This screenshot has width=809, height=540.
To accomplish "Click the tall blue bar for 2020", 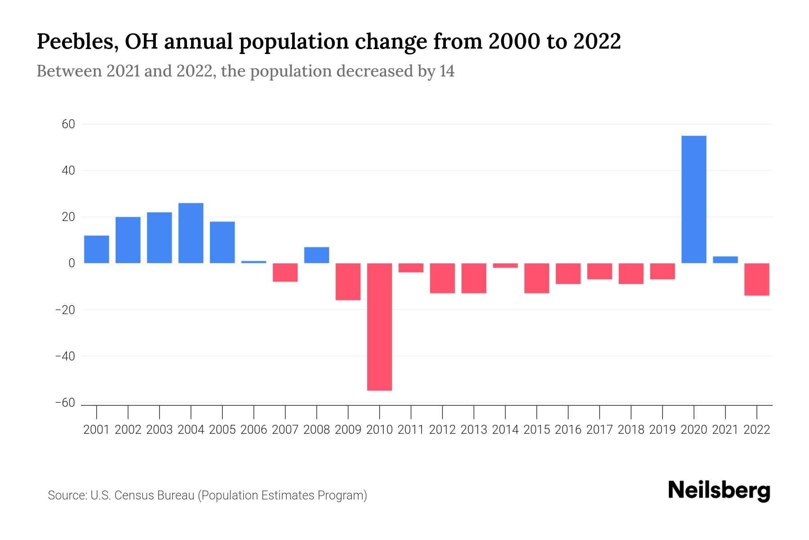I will [693, 199].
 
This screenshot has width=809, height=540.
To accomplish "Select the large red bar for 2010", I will [379, 327].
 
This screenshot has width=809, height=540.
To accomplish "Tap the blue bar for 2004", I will [191, 233].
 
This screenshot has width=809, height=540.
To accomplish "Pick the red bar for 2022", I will [756, 279].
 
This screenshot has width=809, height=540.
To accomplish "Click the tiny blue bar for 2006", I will [253, 262].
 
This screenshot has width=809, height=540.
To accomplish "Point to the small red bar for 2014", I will [505, 265].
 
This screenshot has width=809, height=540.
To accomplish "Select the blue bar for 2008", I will [316, 255].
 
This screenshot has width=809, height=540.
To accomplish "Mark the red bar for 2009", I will [348, 282].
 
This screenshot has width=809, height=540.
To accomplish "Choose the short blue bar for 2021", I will [725, 260].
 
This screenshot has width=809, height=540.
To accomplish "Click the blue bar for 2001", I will [96, 249].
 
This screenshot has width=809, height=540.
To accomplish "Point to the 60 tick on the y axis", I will [68, 124].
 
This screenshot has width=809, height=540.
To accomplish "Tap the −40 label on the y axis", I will [65, 356].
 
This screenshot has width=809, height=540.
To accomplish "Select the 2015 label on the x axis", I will [537, 430].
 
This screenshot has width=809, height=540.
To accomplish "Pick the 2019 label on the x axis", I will [662, 430].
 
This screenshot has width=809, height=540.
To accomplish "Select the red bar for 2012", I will [442, 278].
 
